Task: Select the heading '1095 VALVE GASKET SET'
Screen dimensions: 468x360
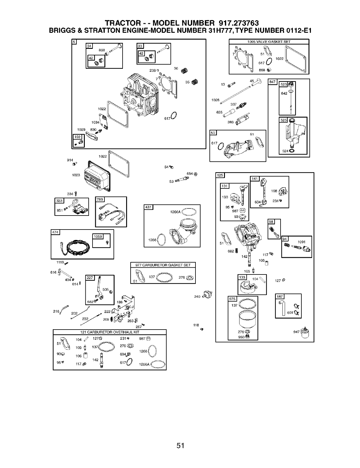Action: coord(269,42)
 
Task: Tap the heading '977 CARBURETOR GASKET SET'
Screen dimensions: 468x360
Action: coord(163,265)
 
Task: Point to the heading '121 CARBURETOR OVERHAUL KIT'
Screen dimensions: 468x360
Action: coord(109,332)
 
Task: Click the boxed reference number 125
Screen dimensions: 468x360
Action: coord(220,175)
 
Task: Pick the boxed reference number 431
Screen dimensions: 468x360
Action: coord(148,207)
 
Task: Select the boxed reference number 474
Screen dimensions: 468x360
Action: coord(56,232)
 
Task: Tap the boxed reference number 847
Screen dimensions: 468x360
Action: coord(272,82)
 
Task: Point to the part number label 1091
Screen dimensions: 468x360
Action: coord(301,242)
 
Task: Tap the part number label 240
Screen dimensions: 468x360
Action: coord(197,297)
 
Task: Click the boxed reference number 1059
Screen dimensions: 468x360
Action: coord(98,237)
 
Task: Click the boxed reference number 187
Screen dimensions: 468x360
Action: coord(280,297)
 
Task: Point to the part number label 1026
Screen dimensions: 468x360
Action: coord(215,100)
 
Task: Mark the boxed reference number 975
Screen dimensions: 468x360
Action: coord(232,299)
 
